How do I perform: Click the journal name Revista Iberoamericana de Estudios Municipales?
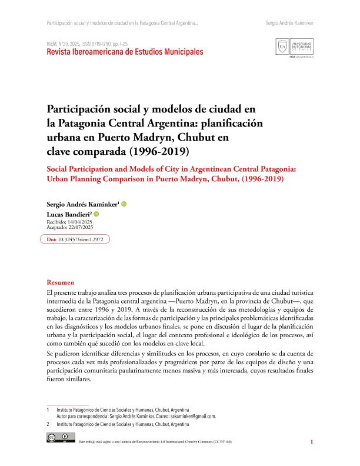tap(125, 52)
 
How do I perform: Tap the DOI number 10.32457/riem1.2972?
tap(84, 239)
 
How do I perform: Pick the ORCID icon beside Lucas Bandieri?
tap(96, 214)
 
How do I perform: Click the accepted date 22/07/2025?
tap(83, 227)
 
